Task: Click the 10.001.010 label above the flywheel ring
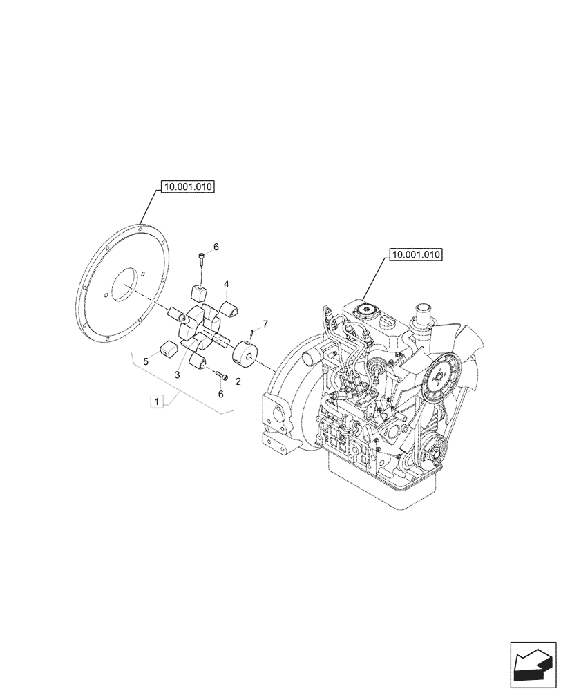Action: (188, 187)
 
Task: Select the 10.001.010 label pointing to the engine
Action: (415, 255)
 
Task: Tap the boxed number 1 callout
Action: (158, 401)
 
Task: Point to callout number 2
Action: (238, 380)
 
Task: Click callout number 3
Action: (178, 374)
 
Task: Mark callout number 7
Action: (265, 323)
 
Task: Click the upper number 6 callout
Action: (215, 247)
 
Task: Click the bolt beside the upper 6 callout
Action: (200, 259)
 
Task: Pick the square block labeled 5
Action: (166, 350)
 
